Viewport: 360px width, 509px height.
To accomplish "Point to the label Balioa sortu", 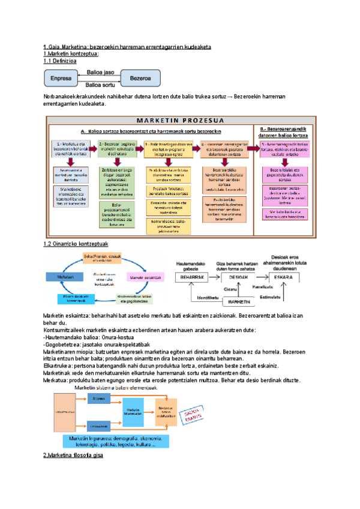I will coord(101,85).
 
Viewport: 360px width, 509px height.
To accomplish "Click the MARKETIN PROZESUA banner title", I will coord(180,119).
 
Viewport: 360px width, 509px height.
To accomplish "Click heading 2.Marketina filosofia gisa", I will coord(73,456).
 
